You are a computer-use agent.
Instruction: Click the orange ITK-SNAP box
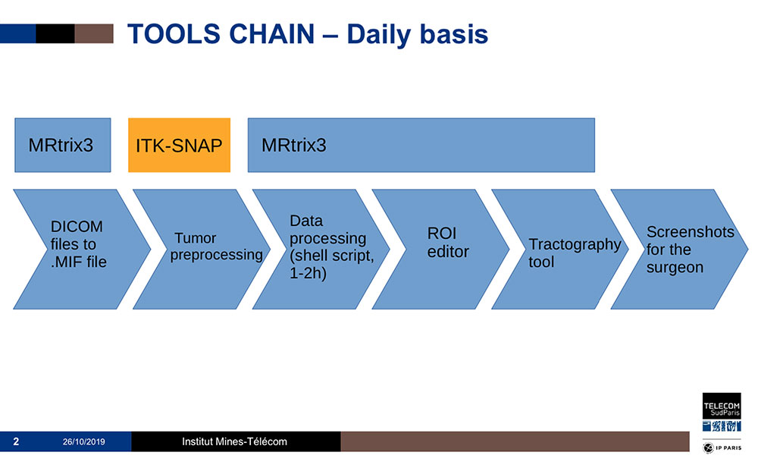point(179,145)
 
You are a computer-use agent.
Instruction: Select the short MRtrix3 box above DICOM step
point(62,145)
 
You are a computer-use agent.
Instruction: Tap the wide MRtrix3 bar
point(421,145)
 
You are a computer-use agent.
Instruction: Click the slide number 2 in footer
point(16,441)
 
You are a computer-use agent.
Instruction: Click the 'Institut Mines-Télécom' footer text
point(234,441)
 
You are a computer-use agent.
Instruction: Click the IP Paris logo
point(722,448)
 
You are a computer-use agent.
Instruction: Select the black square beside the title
point(55,33)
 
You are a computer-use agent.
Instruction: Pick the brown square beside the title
point(94,33)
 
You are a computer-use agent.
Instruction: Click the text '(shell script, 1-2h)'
point(332,263)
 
